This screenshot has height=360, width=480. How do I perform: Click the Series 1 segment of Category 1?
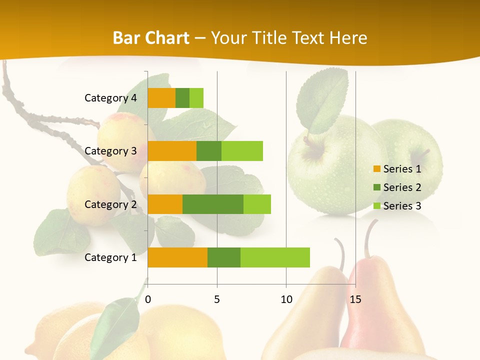177,257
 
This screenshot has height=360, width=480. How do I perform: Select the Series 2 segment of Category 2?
213,204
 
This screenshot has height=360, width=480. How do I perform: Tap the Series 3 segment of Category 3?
242,151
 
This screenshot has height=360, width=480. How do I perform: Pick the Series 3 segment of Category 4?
196,98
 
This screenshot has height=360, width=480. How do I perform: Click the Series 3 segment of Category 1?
275,257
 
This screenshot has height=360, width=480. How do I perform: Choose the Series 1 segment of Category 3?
172,151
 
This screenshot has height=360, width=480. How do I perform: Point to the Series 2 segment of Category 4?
182,98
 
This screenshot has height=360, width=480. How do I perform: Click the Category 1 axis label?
110,257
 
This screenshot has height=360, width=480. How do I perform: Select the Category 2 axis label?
110,204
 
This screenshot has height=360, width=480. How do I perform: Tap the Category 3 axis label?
110,151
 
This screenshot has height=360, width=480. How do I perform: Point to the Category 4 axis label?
110,98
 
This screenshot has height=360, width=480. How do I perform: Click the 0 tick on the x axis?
148,299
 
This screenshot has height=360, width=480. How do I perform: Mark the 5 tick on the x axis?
217,299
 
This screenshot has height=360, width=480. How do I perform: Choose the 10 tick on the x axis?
286,299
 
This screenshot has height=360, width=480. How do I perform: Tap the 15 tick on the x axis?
355,299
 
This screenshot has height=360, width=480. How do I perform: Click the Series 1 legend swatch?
376,169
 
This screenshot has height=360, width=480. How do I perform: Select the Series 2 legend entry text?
402,187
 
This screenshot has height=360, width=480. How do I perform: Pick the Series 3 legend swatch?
376,206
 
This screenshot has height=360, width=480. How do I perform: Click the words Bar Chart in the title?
151,38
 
